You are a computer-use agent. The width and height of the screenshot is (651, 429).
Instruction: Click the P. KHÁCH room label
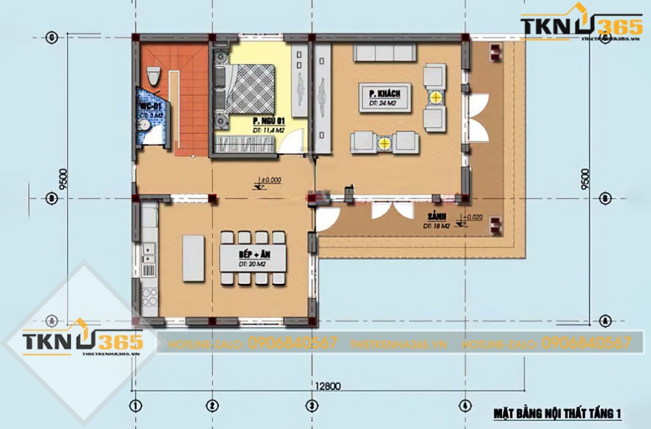coord(380,97)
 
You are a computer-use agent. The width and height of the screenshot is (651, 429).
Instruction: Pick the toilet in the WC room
coord(153,77)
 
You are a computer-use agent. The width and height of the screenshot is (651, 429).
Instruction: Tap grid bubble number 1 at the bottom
coord(135,405)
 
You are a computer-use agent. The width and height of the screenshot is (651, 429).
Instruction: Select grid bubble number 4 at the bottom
coord(464,405)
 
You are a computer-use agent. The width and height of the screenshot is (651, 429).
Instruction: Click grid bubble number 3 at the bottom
coord(312,405)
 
